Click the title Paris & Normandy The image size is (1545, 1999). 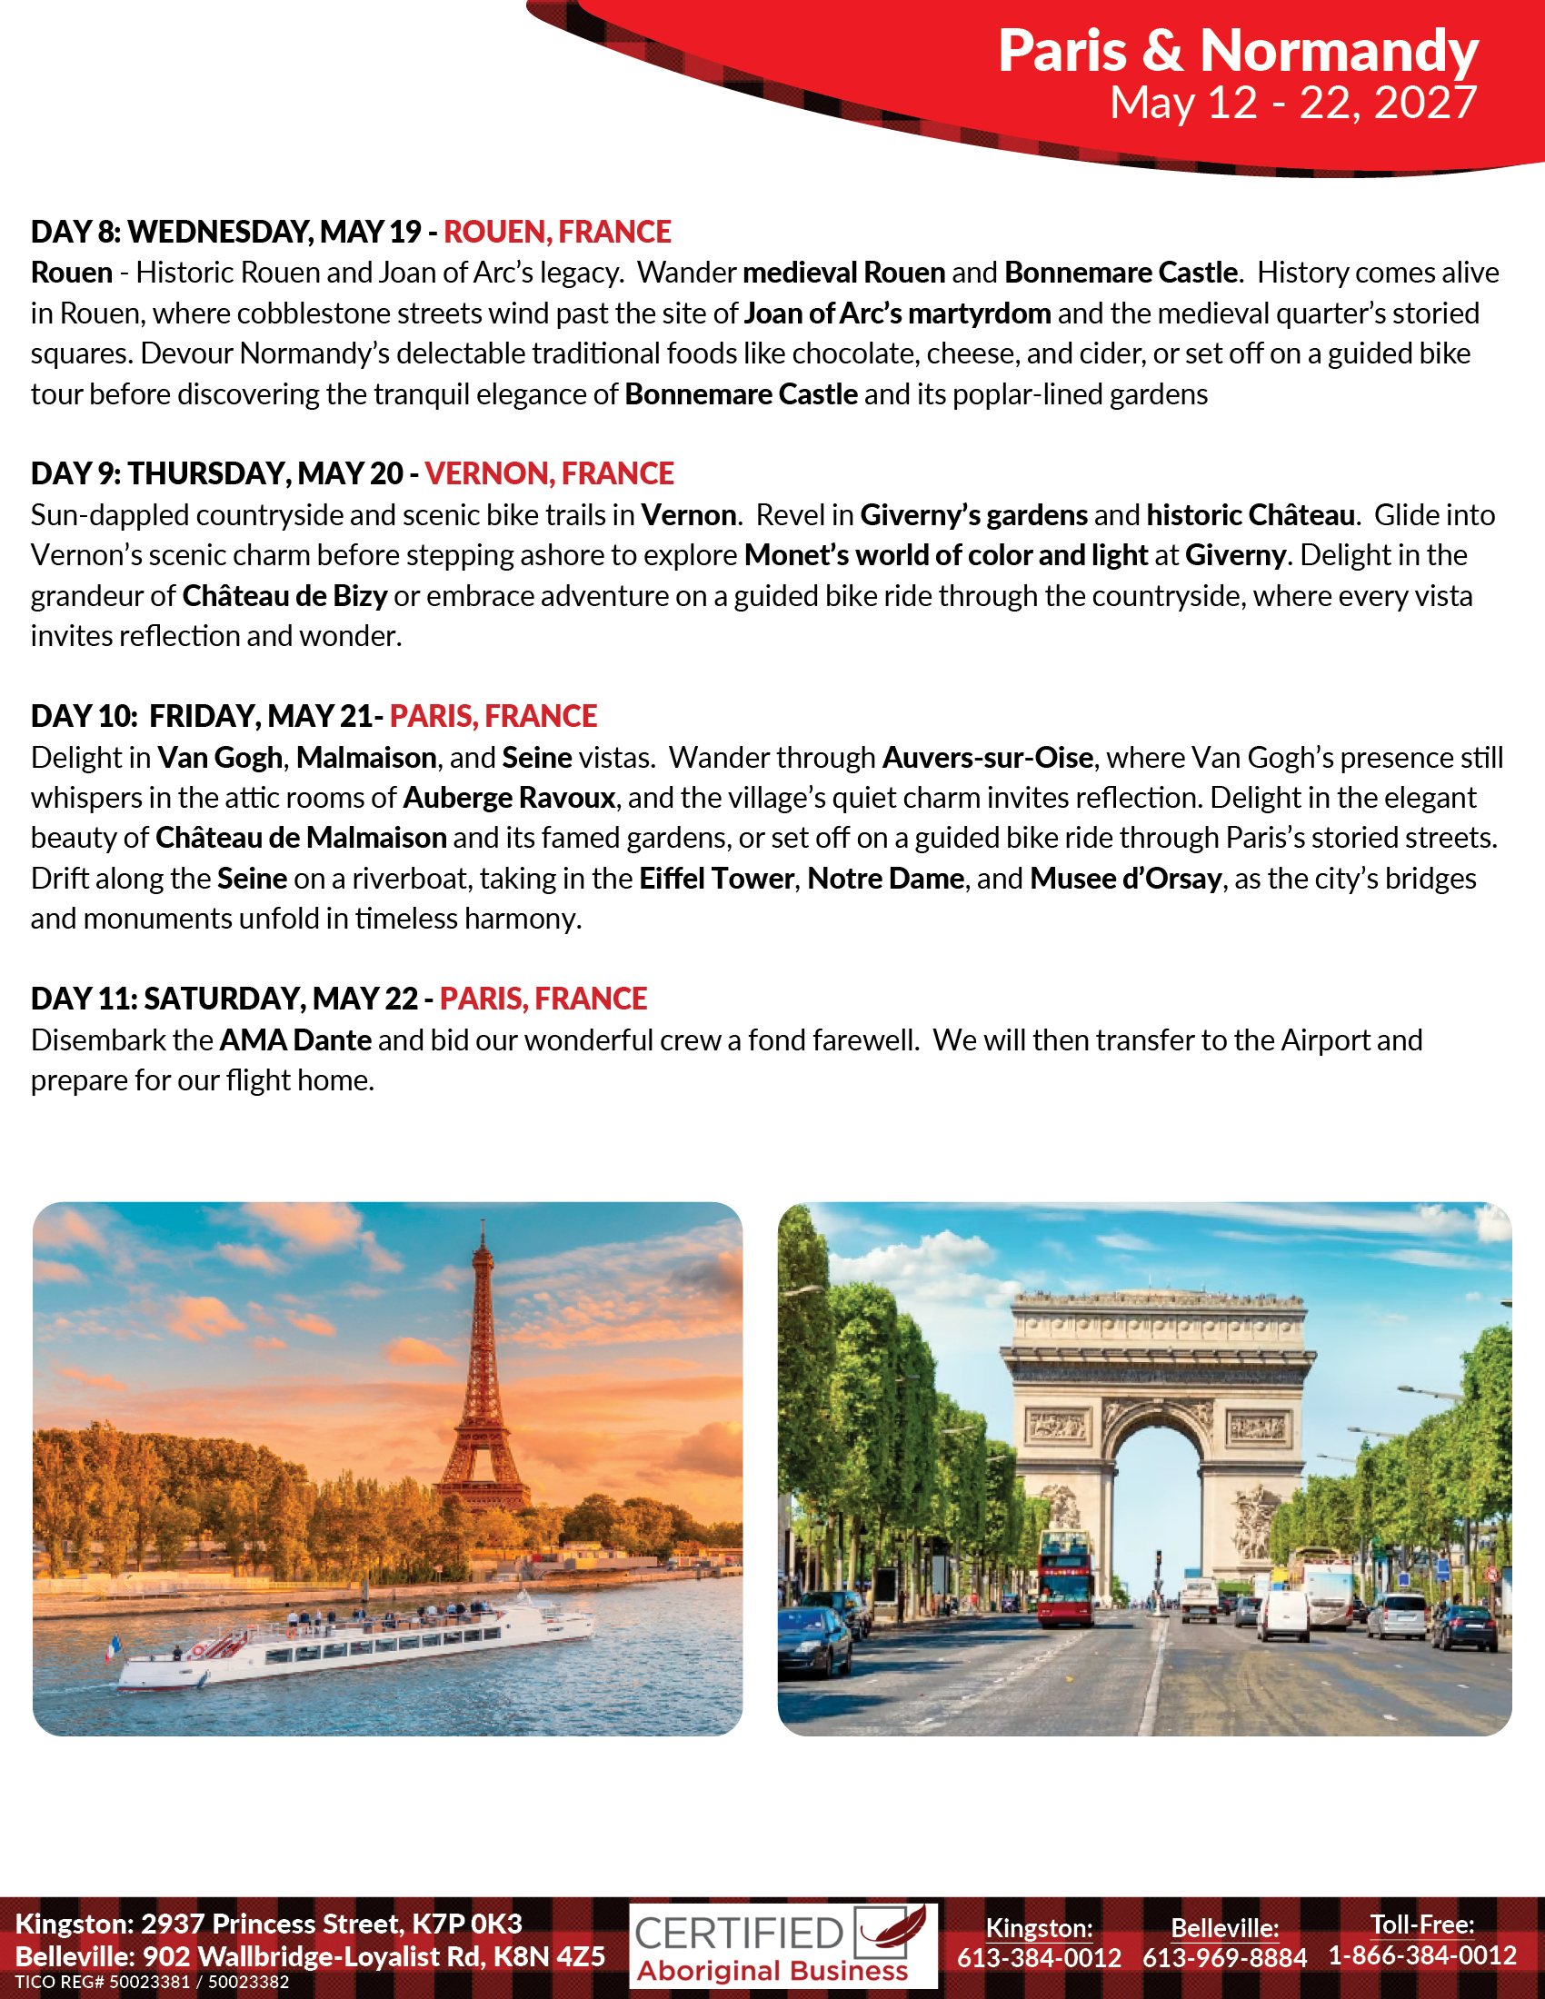tap(1237, 50)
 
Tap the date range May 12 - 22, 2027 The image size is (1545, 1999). tap(1292, 103)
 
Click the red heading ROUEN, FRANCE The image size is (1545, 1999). tap(557, 232)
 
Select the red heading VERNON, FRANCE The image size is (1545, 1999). tap(549, 473)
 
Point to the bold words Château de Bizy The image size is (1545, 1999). tap(284, 596)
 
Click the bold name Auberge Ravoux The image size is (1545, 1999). tap(509, 797)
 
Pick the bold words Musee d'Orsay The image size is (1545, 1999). tap(1125, 879)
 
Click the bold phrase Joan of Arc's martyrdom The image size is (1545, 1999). tap(897, 313)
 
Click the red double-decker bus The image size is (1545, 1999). tap(1064, 1577)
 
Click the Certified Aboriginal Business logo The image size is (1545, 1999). tap(782, 1945)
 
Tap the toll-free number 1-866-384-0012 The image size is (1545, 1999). tap(1421, 1956)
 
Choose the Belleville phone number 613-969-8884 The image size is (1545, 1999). tap(1224, 1958)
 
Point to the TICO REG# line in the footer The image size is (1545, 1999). tap(152, 1982)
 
